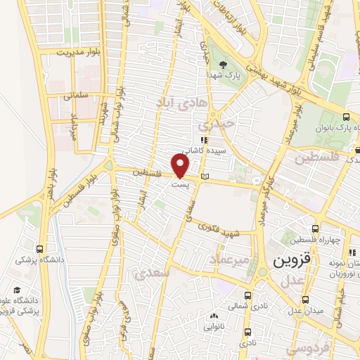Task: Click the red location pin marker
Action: click(x=181, y=166)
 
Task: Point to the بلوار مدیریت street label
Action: click(x=80, y=53)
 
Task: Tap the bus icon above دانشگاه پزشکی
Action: click(x=39, y=249)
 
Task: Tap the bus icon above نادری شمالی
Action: click(x=247, y=295)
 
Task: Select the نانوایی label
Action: click(x=216, y=326)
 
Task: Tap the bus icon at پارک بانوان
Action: click(x=345, y=117)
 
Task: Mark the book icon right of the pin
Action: click(x=205, y=176)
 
